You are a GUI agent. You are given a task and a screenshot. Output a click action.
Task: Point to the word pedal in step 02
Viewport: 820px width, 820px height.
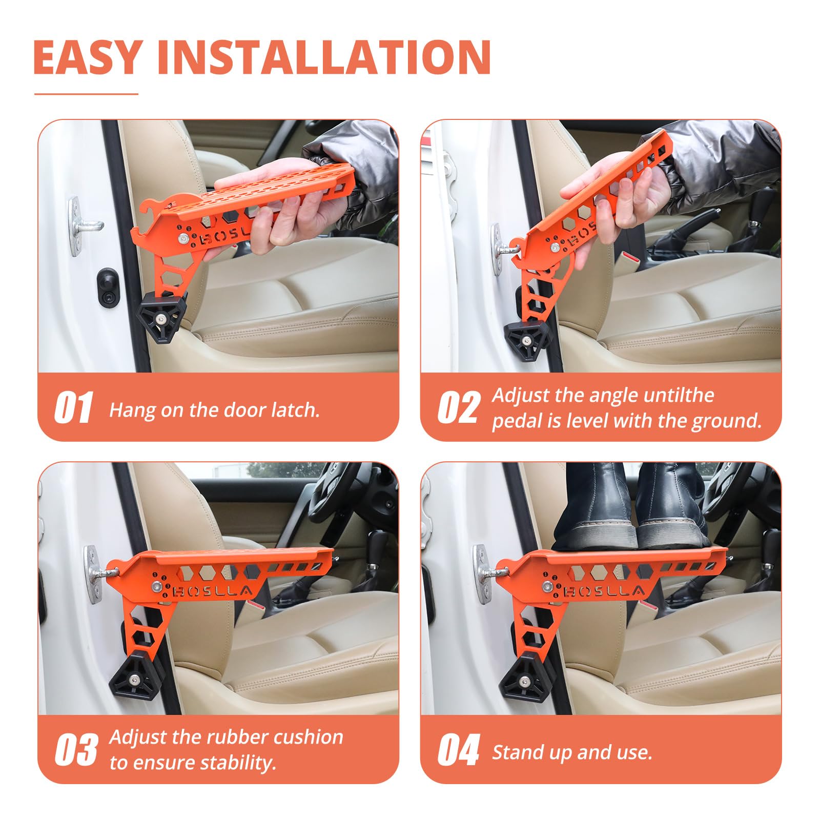[517, 421]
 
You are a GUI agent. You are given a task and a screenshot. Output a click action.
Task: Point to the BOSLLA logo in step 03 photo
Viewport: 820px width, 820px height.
[213, 591]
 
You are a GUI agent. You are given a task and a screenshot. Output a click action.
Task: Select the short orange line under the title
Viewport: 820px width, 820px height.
[86, 94]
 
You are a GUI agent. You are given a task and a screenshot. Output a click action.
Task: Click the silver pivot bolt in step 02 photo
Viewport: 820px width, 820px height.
[555, 248]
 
